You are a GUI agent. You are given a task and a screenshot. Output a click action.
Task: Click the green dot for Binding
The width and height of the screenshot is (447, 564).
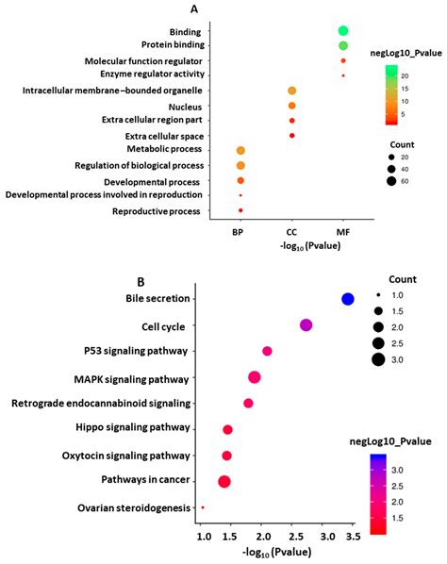(343, 31)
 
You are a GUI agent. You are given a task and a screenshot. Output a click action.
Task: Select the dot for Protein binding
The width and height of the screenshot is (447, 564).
(343, 45)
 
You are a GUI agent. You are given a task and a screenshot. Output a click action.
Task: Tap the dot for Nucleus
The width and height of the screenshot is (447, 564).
(291, 106)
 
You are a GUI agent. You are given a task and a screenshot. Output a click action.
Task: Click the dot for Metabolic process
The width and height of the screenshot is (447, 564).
(240, 151)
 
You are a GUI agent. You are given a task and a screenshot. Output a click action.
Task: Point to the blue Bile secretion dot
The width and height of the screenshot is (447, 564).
(347, 299)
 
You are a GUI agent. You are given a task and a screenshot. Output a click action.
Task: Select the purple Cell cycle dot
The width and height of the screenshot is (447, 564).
(306, 325)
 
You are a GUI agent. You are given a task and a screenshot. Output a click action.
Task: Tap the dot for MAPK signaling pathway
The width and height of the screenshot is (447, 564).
(254, 377)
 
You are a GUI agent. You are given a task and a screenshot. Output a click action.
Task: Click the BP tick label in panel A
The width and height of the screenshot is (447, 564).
(240, 231)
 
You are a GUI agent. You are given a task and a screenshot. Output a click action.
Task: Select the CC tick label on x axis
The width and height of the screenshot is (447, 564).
(291, 231)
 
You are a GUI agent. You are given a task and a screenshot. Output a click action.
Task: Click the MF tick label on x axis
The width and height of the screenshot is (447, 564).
(343, 231)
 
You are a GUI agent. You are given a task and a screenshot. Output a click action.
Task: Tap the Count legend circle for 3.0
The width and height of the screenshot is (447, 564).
(378, 357)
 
